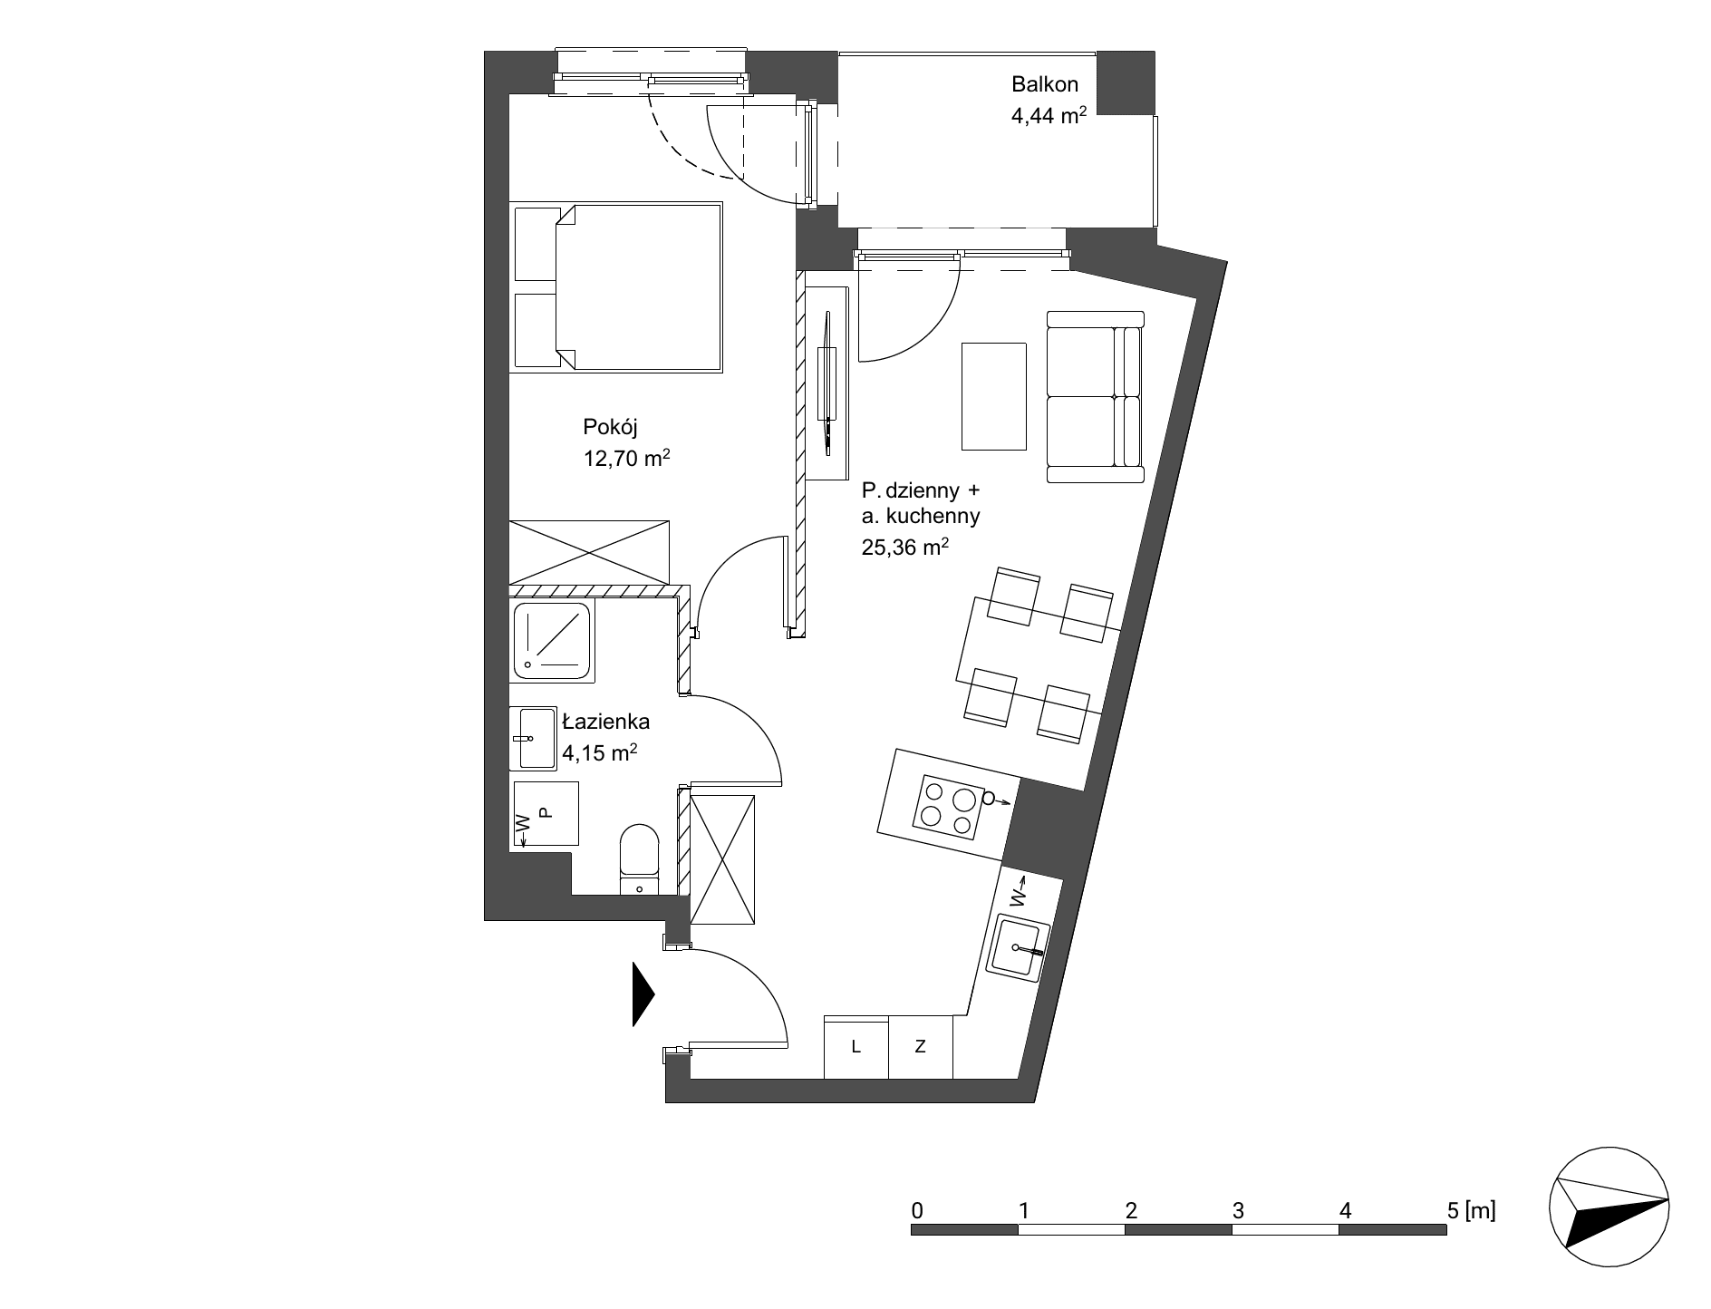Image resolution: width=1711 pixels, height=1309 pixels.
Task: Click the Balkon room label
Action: tap(1045, 84)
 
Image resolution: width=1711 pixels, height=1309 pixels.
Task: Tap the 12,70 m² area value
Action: tap(627, 458)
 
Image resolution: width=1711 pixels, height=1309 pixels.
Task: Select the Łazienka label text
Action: tap(606, 722)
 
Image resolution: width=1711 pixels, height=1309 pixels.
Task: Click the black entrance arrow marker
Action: tap(643, 994)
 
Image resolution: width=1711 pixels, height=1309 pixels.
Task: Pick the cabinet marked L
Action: tap(856, 1047)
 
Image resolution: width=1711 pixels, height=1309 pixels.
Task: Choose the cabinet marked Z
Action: tap(921, 1047)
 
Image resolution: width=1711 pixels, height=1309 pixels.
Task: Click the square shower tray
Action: tap(553, 641)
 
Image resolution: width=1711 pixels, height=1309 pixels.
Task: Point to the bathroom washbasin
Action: tap(533, 739)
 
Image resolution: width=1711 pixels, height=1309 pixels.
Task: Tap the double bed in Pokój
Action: tap(616, 287)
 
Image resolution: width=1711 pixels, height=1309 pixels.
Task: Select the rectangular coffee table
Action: tap(994, 396)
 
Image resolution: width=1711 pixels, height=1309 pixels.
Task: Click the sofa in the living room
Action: tap(1096, 396)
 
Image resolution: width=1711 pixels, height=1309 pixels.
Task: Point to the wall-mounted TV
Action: tap(828, 382)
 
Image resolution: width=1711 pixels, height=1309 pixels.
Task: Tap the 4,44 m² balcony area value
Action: tap(1049, 115)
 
